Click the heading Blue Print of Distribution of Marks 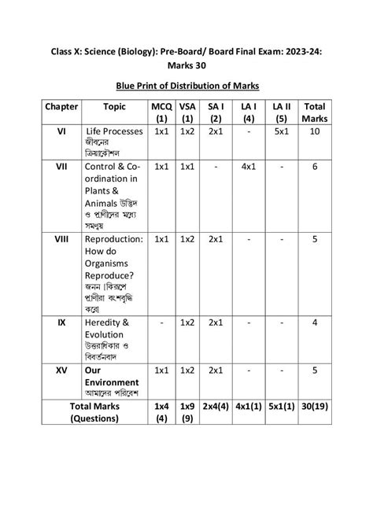186,84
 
